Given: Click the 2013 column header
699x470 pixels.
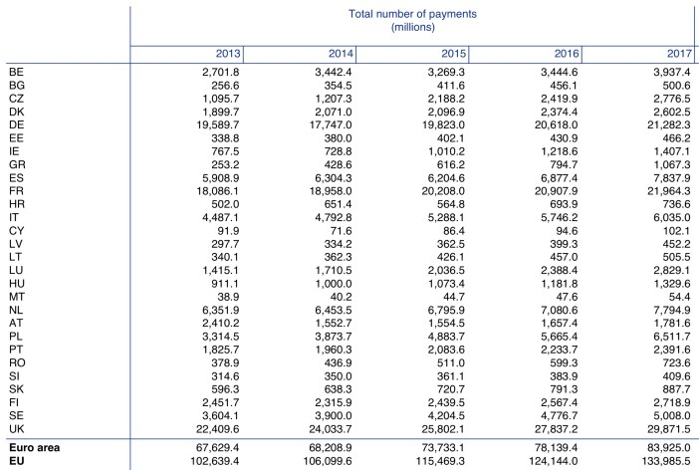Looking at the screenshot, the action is pyautogui.click(x=228, y=54).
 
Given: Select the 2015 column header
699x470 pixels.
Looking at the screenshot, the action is pyautogui.click(x=453, y=54).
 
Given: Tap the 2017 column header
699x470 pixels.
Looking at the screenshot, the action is pyautogui.click(x=679, y=54).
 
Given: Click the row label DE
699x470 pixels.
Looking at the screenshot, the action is pyautogui.click(x=17, y=124).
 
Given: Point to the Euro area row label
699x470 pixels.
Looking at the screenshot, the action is pyautogui.click(x=34, y=448).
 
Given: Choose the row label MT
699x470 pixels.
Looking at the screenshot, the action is pyautogui.click(x=17, y=297).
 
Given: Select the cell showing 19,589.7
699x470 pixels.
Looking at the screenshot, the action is pyautogui.click(x=217, y=124).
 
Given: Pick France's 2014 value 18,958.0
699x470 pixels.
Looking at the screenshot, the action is pyautogui.click(x=331, y=191).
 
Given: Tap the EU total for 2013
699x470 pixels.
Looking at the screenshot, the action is pyautogui.click(x=215, y=461).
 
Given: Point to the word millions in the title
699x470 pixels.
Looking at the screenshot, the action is pyautogui.click(x=413, y=27).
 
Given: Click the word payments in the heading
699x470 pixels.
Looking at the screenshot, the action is pyautogui.click(x=450, y=14).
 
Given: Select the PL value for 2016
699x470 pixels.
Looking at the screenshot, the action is pyautogui.click(x=559, y=337).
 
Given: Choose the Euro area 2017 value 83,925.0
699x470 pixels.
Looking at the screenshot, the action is pyautogui.click(x=669, y=448).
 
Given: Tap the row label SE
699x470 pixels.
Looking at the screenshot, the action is pyautogui.click(x=16, y=415).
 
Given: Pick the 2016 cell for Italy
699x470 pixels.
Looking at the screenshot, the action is pyautogui.click(x=559, y=217).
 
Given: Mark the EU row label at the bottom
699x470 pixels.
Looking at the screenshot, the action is pyautogui.click(x=16, y=461).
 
